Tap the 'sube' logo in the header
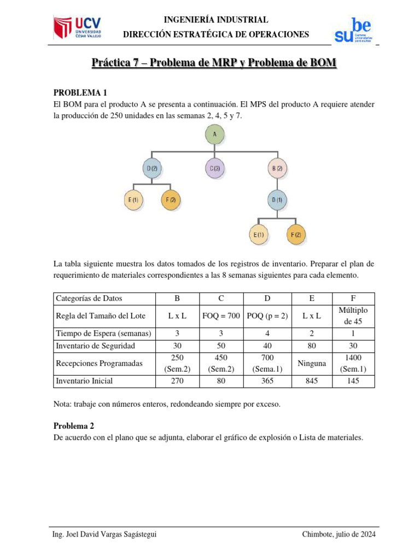[353, 31]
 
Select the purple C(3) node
[215, 168]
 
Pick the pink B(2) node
[278, 168]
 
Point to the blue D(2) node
[152, 168]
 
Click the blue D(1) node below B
[278, 200]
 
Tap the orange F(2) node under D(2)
[171, 200]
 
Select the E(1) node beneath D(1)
[258, 235]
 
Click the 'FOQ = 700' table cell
[221, 316]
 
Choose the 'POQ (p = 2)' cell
[266, 316]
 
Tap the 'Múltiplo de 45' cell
[353, 316]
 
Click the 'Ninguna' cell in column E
[312, 363]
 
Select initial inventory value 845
[312, 381]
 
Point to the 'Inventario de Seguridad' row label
[95, 346]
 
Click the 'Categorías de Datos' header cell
[89, 298]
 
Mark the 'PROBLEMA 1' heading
[76, 93]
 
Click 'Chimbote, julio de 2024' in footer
[339, 534]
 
